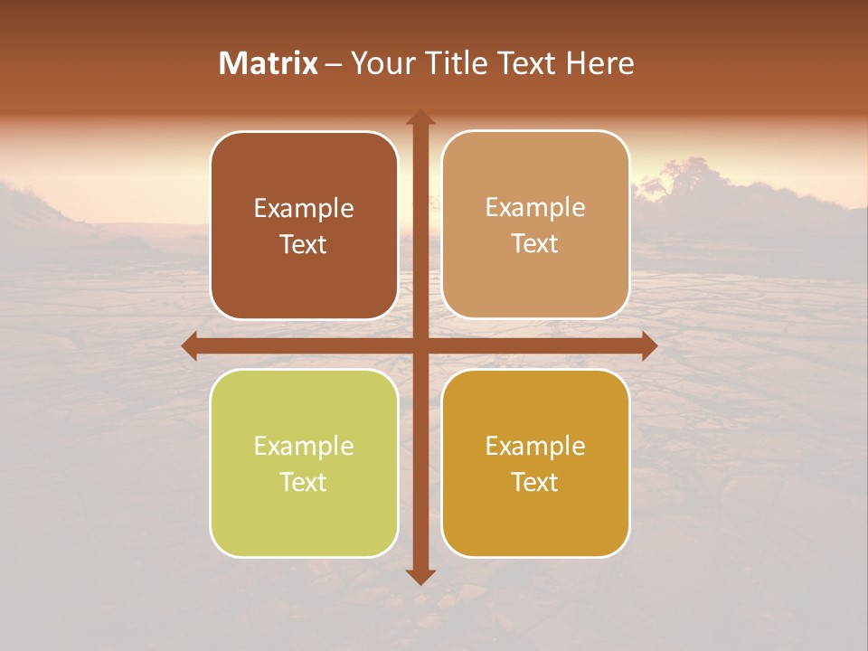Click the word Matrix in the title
269,63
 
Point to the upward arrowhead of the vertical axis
420,118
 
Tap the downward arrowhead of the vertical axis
420,576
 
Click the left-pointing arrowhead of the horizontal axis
190,345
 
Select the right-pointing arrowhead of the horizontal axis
648,345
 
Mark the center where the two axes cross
420,345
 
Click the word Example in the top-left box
304,209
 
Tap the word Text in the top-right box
535,244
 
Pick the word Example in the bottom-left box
304,447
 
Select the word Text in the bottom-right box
535,482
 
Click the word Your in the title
377,63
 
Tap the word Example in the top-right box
535,208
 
